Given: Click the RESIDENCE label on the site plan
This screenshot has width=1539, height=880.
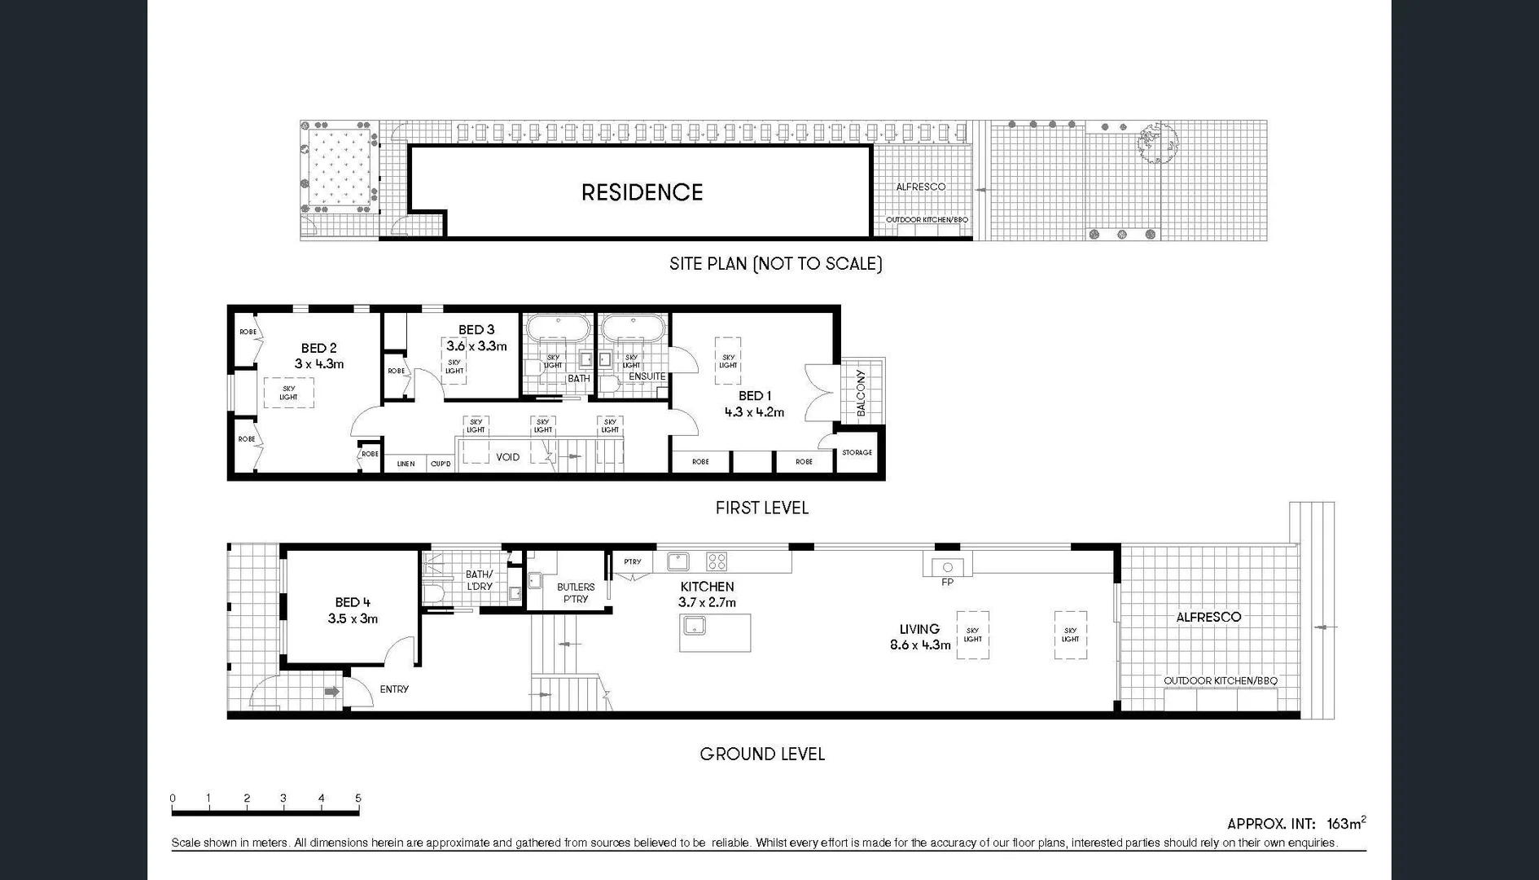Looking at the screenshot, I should coord(642,192).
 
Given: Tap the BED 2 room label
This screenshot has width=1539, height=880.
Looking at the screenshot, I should coord(318,348).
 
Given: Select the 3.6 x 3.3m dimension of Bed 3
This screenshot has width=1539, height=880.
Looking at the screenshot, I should coord(476,345).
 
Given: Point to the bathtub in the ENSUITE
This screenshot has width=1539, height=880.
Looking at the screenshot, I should coord(633,330).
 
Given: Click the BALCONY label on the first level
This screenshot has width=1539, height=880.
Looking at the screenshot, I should coord(862,393).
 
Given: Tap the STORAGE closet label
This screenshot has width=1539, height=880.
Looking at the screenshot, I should coord(857,452).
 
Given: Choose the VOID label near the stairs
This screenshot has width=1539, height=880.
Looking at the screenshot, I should coord(507,457).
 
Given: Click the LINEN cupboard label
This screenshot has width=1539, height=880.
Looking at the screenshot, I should coord(406,464).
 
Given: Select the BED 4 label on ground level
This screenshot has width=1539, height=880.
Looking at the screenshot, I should coord(353,602).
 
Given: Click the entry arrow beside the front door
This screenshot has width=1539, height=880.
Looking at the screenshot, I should coord(331,692).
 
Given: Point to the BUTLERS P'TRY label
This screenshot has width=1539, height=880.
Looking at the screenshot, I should coord(576,592).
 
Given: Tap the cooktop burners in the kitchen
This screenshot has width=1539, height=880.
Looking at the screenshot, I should coord(717,561).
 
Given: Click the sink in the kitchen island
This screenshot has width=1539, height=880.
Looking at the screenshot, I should coord(694,626).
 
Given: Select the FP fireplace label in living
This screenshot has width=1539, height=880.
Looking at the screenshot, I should coord(947,582).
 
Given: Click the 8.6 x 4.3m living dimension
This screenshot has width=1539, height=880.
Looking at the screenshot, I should coord(920,645).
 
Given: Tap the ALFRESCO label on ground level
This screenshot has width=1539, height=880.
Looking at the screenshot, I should coord(1208,617).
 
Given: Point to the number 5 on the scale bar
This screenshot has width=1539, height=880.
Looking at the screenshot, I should coord(358,798).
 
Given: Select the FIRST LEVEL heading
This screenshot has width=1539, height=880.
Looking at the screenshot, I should coord(761,508).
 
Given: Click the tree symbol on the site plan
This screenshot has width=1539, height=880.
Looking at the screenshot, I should coord(1156,143).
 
